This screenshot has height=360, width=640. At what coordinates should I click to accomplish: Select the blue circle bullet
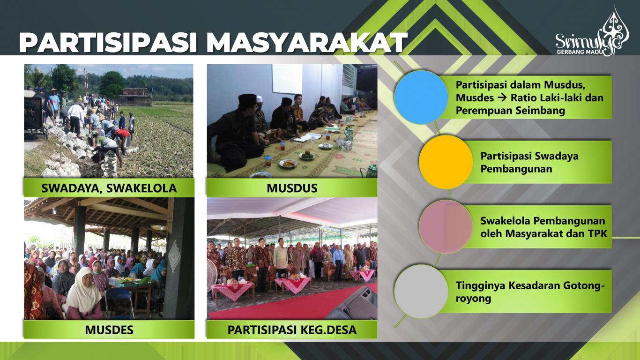coord(421,97)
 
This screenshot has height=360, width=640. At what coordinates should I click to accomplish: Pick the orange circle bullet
coord(446,162)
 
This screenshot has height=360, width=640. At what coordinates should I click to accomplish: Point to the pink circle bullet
coord(446,226)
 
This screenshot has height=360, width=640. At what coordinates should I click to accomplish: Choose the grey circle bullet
coord(421,291)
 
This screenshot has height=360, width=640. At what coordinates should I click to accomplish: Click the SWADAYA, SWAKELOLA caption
coord(109,188)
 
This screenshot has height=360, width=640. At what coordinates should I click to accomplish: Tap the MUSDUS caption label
coord(292,188)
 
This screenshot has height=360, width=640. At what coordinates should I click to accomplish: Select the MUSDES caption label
coord(109,330)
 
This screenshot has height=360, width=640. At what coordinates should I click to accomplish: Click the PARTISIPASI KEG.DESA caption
coord(292,330)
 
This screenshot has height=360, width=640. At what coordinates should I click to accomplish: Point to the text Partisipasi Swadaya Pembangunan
coord(529,162)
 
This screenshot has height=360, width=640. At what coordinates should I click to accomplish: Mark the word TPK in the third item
coord(597,232)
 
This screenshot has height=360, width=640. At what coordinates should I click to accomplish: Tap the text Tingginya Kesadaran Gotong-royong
coord(527,292)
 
